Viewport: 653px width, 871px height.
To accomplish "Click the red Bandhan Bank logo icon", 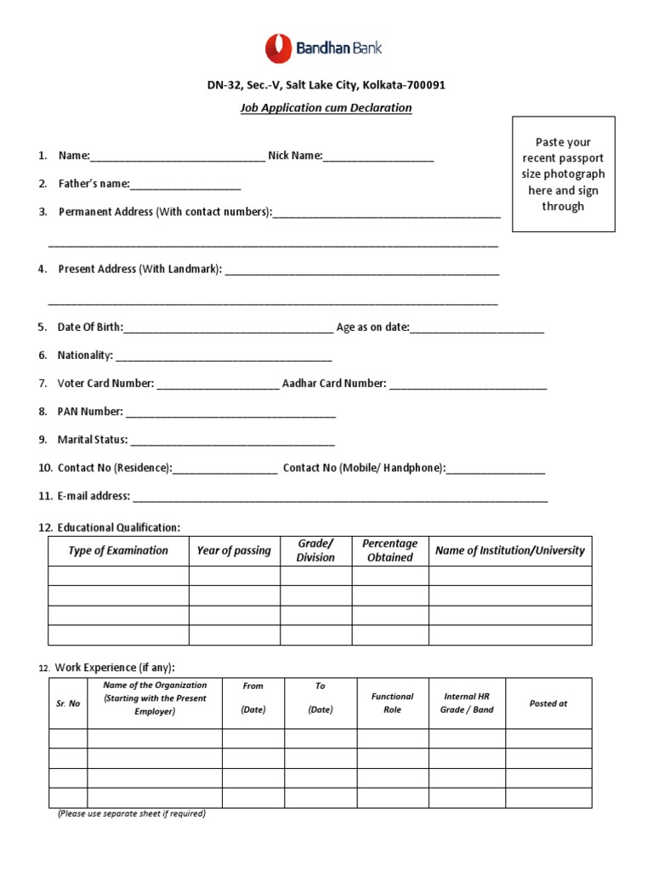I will pos(278,48).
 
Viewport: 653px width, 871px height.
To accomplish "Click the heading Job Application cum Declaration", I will pos(326,108).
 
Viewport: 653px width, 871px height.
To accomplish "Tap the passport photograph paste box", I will pos(563,174).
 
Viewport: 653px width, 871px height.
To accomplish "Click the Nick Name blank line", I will pos(378,158).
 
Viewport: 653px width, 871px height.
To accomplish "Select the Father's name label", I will pos(94,184).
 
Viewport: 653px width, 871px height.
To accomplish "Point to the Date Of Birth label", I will pos(90,327).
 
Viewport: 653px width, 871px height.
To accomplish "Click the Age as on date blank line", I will pos(477,330).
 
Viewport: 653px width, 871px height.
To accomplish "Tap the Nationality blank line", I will pos(224,358).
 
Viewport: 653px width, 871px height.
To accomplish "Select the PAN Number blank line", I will pos(230,414).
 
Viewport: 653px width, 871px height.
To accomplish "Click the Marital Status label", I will pos(93,440).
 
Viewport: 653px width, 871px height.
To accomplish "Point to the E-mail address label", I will pos(94,496).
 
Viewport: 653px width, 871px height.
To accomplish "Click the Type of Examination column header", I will pos(118,551).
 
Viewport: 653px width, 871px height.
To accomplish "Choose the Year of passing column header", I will pos(234,551).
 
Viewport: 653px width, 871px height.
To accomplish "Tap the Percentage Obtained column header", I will pos(389,551).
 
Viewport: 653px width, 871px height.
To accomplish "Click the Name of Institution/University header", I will pos(510,551).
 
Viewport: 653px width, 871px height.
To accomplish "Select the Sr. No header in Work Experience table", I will pos(68,703).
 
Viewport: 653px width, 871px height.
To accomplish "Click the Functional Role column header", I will pos(392,703).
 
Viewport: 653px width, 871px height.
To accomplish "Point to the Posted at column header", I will pos(548,703).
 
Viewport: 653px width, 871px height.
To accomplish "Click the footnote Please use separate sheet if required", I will pos(132,814).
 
